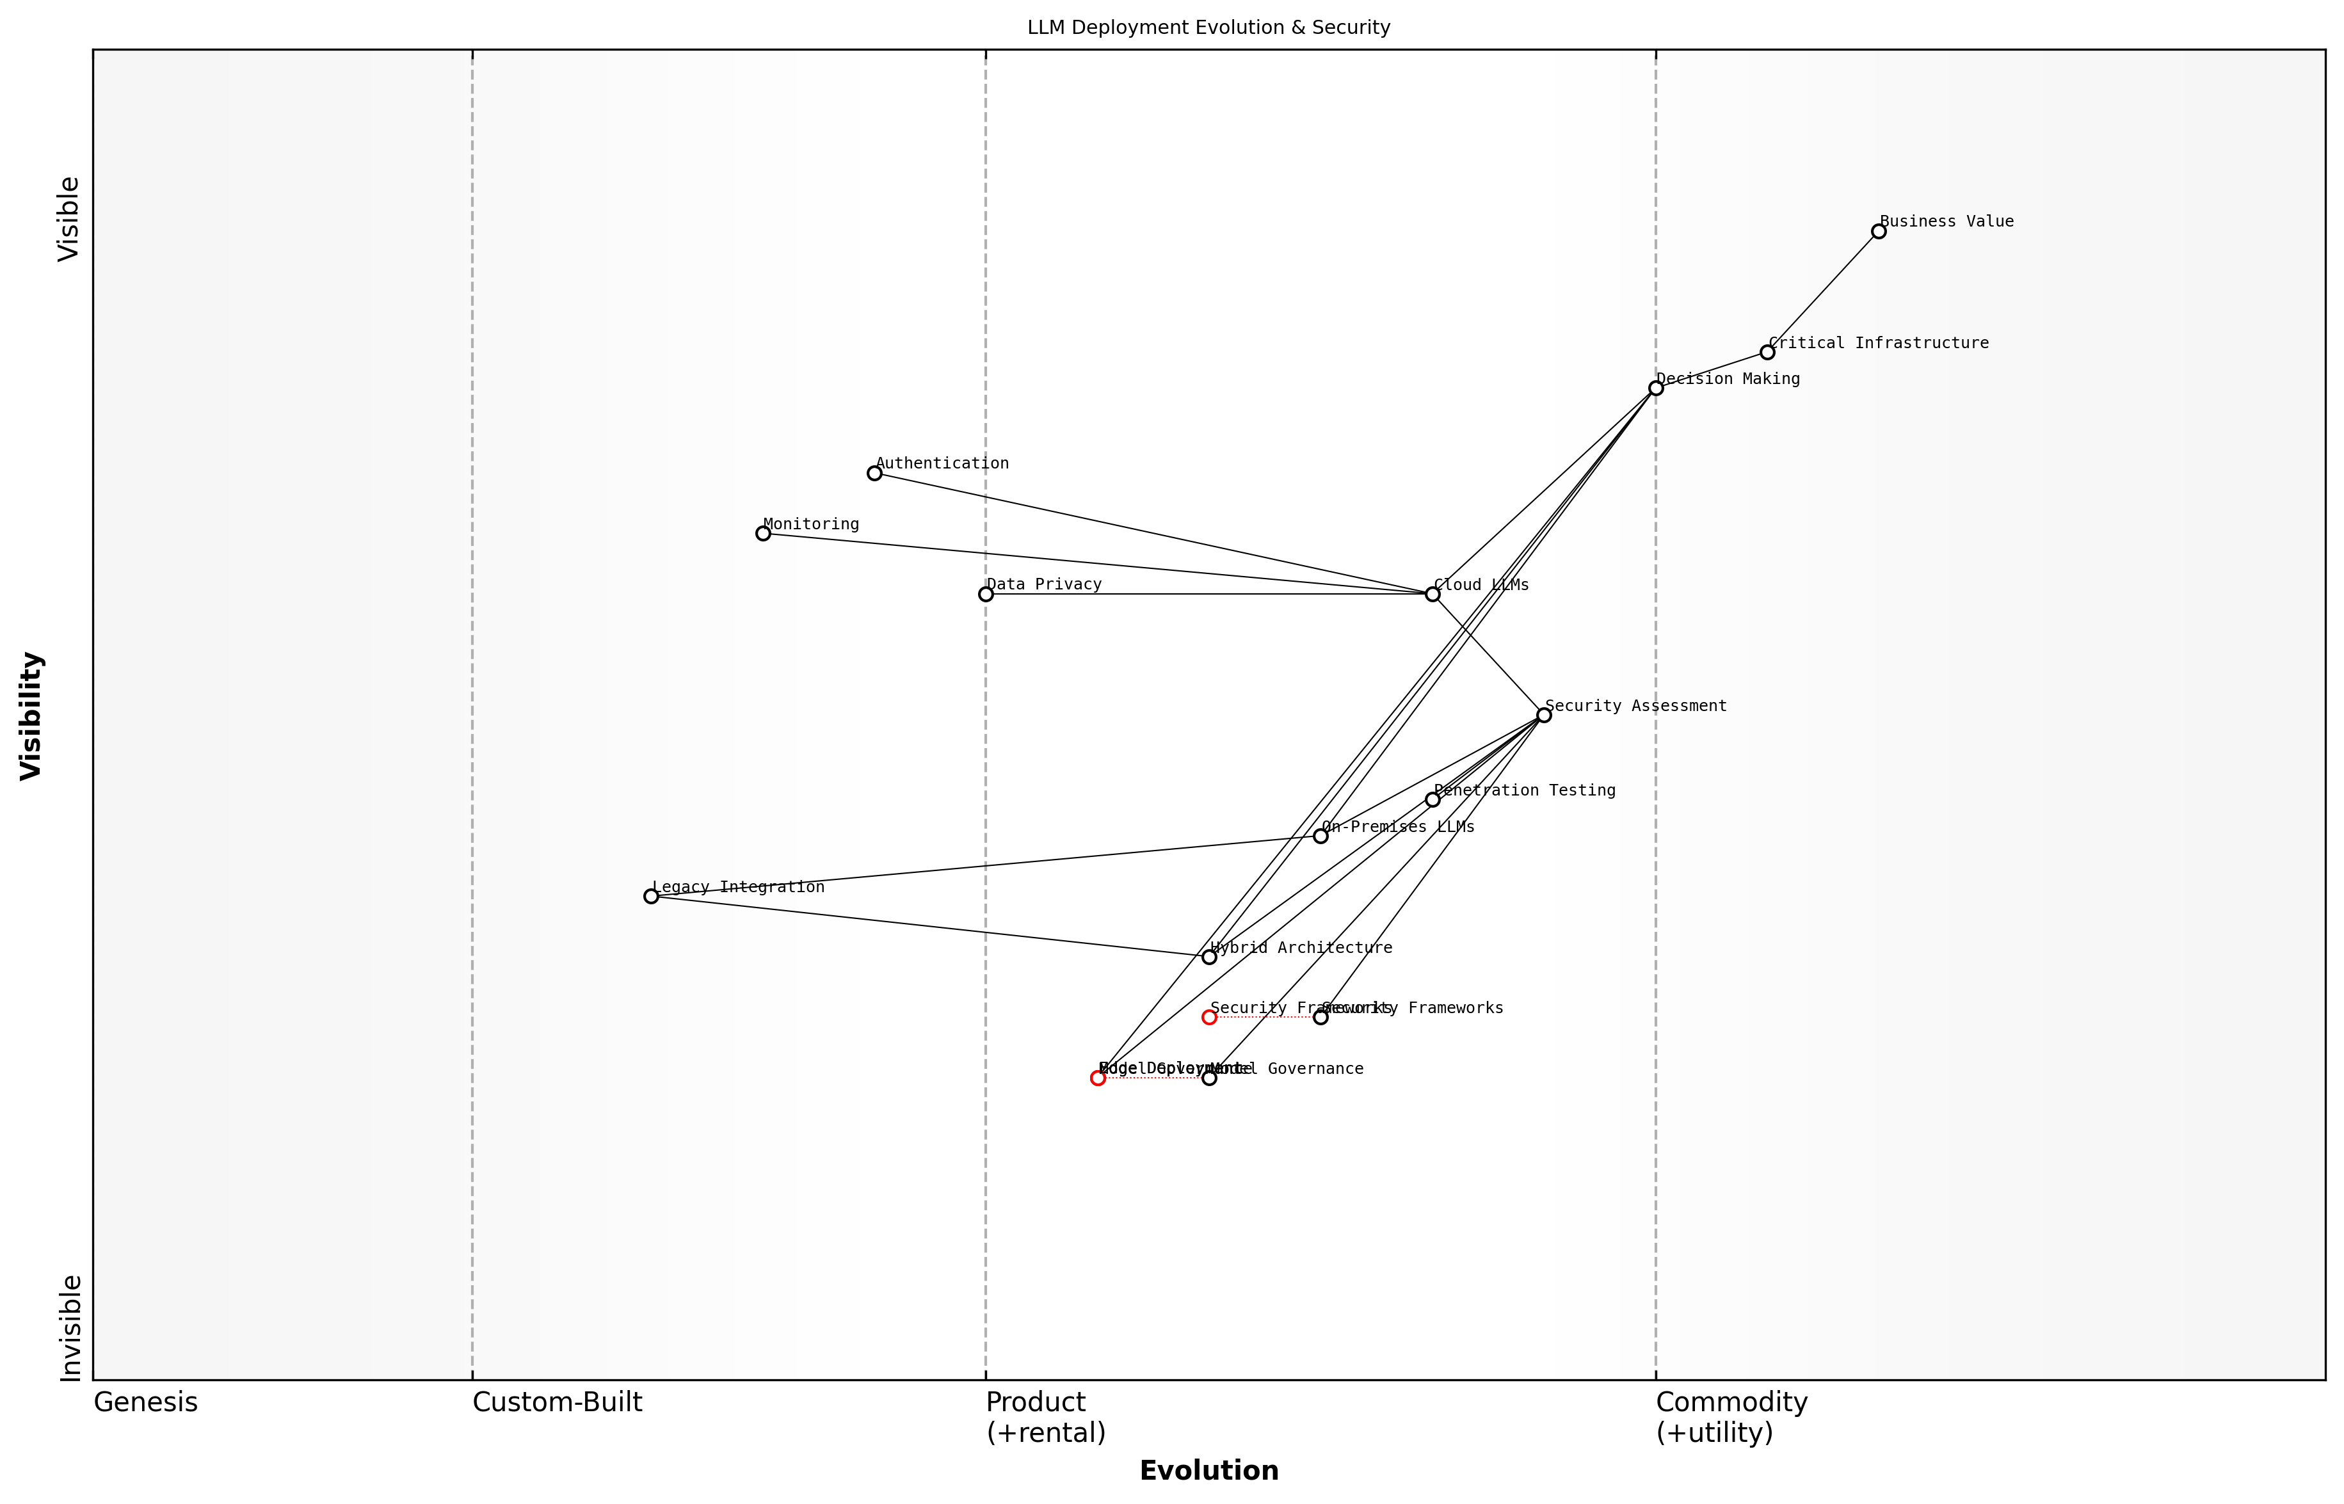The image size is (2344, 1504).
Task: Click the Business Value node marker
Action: [1878, 232]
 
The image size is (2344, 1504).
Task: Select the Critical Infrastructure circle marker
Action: [1767, 353]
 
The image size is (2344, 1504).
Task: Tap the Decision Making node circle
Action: [1655, 388]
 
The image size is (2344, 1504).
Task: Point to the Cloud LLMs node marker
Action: [1432, 594]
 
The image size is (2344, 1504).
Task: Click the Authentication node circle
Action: [874, 473]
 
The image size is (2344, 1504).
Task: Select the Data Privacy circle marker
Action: [986, 594]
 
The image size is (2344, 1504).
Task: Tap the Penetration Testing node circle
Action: [1432, 800]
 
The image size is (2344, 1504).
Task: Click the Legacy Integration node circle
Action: [652, 897]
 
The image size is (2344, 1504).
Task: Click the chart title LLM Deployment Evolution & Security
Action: [1208, 28]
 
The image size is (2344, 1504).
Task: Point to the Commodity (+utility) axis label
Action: [1731, 1417]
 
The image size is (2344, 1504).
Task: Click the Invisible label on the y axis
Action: [70, 1327]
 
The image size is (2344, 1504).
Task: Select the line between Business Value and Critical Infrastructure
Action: [1822, 292]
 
